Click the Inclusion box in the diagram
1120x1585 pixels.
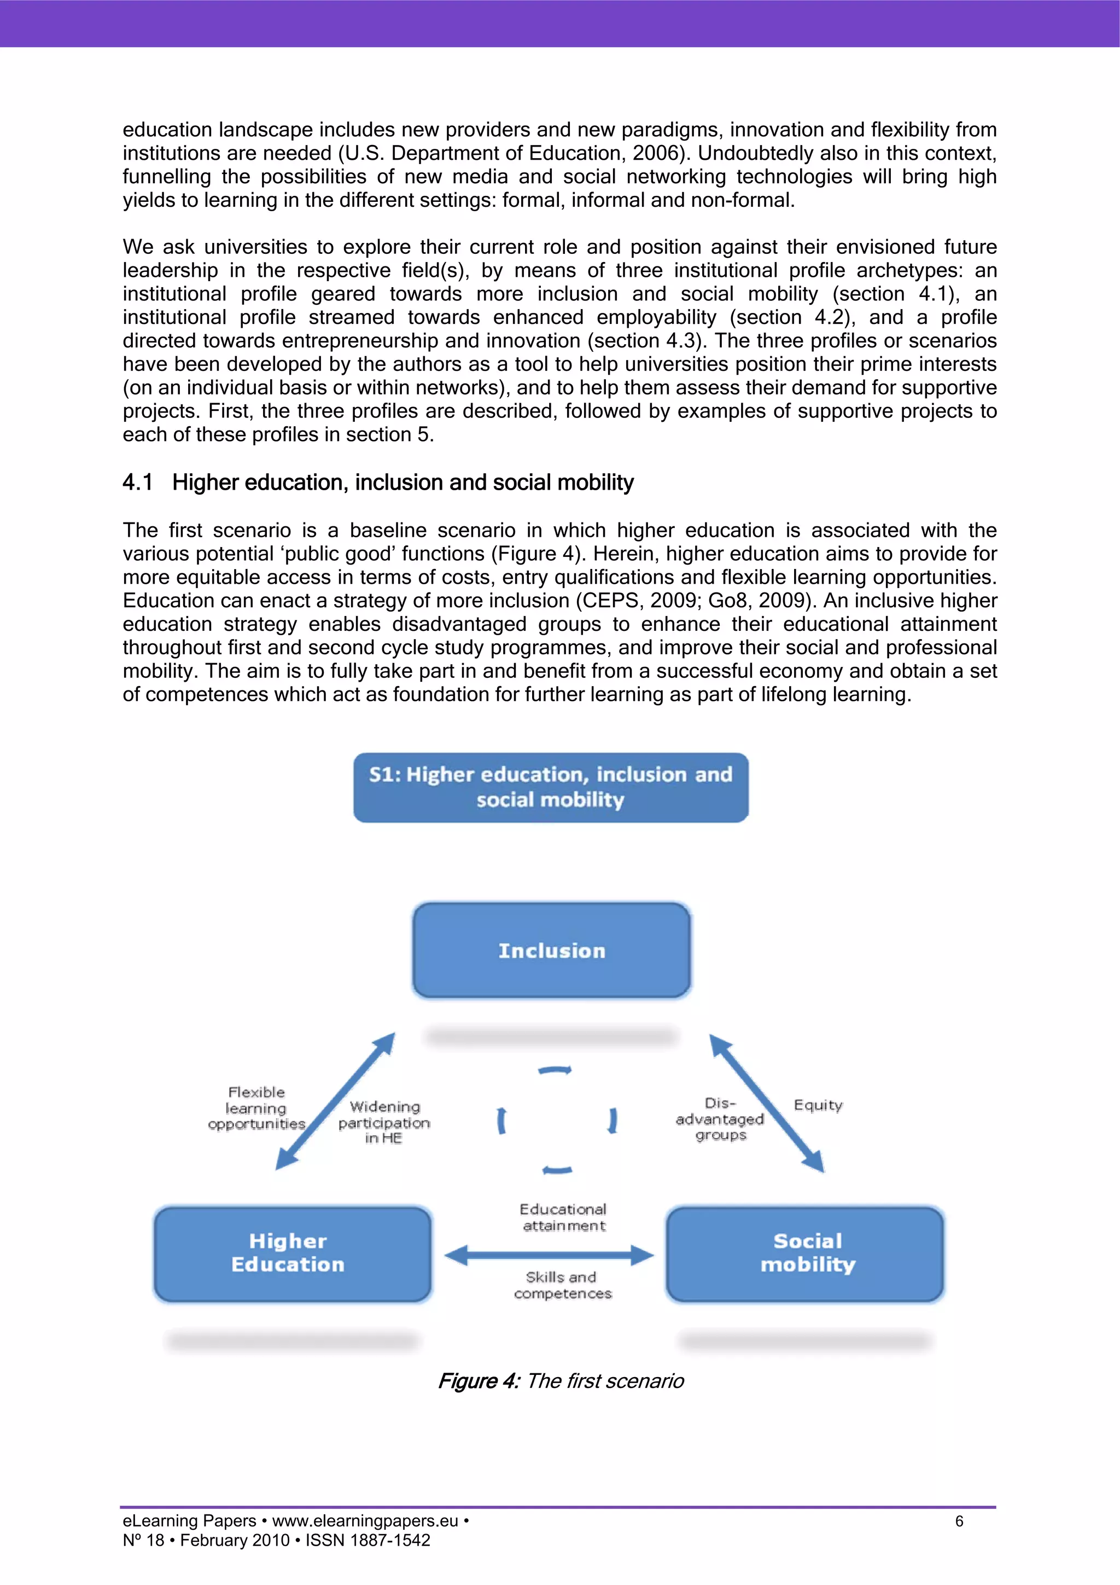tap(551, 950)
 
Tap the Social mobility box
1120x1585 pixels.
tap(806, 1253)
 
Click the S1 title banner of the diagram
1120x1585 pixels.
tap(551, 787)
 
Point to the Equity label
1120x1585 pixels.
tap(818, 1105)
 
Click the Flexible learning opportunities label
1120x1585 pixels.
tap(256, 1108)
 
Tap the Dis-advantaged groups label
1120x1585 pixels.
tap(720, 1119)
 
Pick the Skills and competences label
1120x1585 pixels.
tap(562, 1285)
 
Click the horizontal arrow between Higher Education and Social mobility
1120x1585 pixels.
tap(549, 1255)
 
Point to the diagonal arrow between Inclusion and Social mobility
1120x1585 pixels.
tap(767, 1103)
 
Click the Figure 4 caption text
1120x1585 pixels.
tap(561, 1381)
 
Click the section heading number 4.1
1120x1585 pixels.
tap(137, 483)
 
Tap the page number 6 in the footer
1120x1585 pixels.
tap(959, 1521)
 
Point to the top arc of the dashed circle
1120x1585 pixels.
tap(555, 1071)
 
